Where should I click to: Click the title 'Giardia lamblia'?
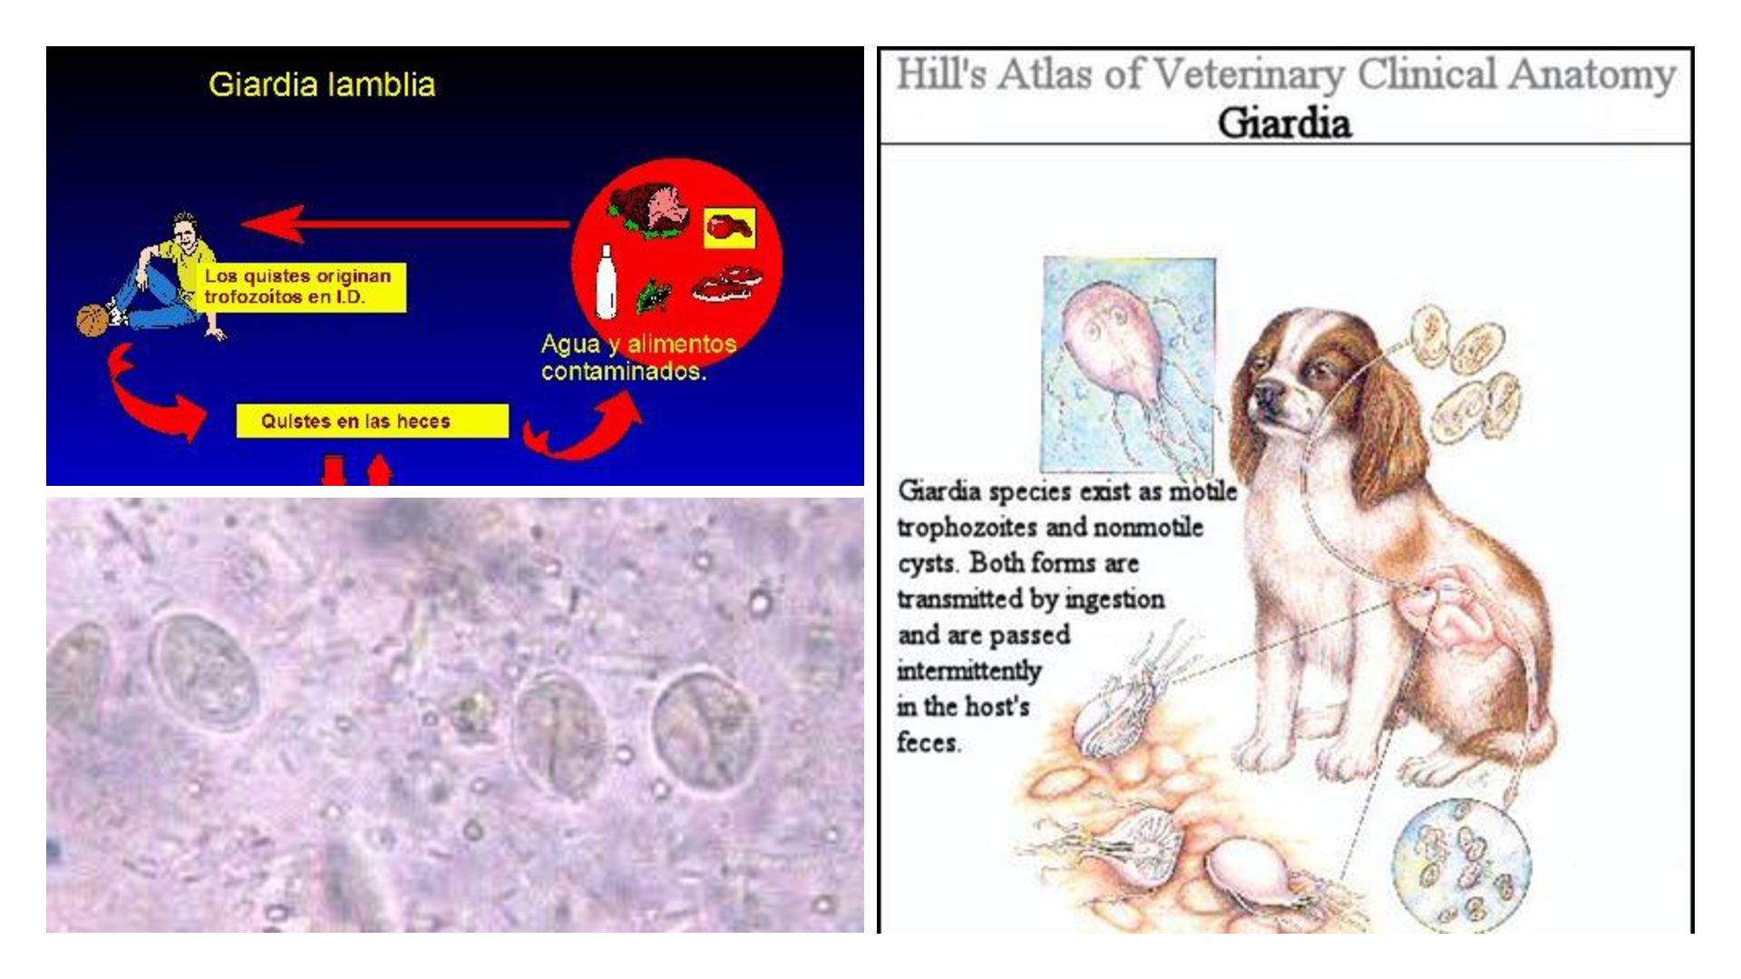[x=322, y=85]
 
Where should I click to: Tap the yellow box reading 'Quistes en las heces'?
[x=372, y=421]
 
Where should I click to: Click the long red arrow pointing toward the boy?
[x=405, y=224]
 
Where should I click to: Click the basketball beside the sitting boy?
[x=92, y=320]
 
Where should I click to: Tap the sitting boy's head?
[x=185, y=230]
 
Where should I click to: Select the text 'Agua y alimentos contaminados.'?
[x=638, y=357]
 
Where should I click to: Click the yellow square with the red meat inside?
[x=729, y=227]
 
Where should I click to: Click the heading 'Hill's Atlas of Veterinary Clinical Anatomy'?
[x=1285, y=74]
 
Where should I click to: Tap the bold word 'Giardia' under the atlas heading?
[x=1284, y=123]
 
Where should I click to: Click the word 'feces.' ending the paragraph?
[x=929, y=742]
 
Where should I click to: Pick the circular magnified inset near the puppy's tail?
[x=1461, y=865]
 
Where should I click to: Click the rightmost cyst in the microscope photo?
[x=705, y=729]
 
